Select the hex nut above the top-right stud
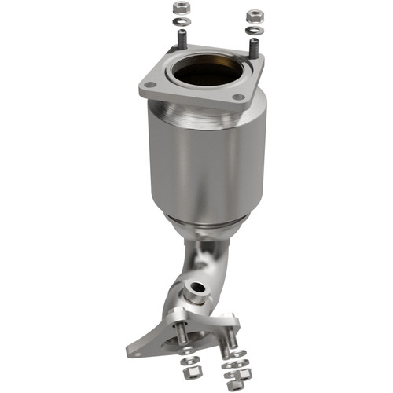click(254, 15)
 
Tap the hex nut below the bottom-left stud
click(189, 369)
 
